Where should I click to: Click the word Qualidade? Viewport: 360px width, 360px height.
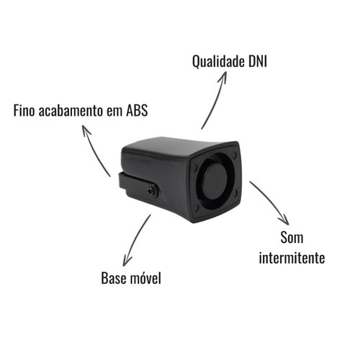(217, 62)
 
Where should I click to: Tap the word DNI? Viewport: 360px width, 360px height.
(258, 61)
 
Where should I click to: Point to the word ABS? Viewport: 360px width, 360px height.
(137, 110)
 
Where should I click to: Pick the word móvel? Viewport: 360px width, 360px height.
(145, 278)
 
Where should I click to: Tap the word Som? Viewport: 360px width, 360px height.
(292, 238)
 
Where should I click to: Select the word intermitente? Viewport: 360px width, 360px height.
(292, 258)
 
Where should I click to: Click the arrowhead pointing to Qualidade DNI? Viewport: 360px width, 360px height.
(223, 76)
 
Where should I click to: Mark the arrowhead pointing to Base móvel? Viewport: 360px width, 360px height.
(127, 261)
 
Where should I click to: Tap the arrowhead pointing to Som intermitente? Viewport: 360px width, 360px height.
(284, 220)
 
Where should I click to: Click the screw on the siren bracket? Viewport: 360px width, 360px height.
(152, 191)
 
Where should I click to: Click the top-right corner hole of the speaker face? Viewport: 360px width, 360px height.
(235, 155)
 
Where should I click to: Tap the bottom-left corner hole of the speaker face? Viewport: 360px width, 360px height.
(197, 207)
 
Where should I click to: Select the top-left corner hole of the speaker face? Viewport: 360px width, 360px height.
(195, 166)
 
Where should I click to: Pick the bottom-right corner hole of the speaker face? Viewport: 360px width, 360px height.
(235, 193)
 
